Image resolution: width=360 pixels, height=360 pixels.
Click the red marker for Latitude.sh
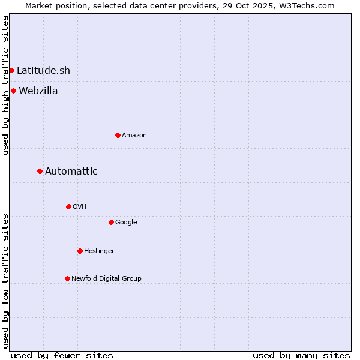pyautogui.click(x=11, y=71)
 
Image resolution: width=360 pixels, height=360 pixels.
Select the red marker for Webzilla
pyautogui.click(x=13, y=91)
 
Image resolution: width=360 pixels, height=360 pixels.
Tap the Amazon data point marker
pyautogui.click(x=118, y=135)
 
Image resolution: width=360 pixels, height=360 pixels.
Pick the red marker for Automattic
pyautogui.click(x=40, y=172)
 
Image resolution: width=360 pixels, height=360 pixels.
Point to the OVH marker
pyautogui.click(x=68, y=206)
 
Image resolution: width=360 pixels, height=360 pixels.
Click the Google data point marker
pyautogui.click(x=111, y=222)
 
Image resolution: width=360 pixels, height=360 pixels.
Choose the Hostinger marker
pyautogui.click(x=80, y=251)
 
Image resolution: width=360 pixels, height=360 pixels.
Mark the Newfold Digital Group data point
pyautogui.click(x=67, y=278)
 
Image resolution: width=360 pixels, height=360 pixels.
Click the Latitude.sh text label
pyautogui.click(x=43, y=71)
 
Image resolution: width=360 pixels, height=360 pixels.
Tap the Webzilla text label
pyautogui.click(x=38, y=91)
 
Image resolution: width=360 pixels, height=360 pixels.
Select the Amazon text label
pyautogui.click(x=134, y=136)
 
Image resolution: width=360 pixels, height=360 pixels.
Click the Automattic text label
pyautogui.click(x=71, y=172)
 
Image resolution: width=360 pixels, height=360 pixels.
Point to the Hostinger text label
pyautogui.click(x=99, y=251)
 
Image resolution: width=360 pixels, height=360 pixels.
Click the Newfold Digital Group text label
pyautogui.click(x=106, y=278)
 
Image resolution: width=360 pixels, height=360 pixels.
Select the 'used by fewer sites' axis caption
pyautogui.click(x=62, y=355)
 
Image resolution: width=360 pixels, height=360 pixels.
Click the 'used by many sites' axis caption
pyautogui.click(x=301, y=355)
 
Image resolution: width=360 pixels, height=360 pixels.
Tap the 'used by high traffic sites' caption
pyautogui.click(x=5, y=85)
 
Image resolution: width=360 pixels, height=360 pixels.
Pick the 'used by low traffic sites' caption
pyautogui.click(x=5, y=281)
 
